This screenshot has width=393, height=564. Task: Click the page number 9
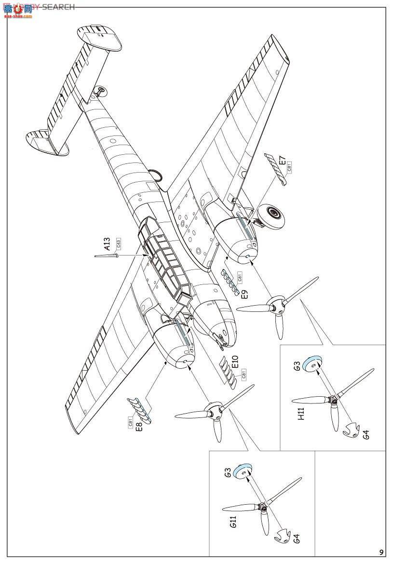381,552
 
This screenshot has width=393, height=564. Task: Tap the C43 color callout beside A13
118,244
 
